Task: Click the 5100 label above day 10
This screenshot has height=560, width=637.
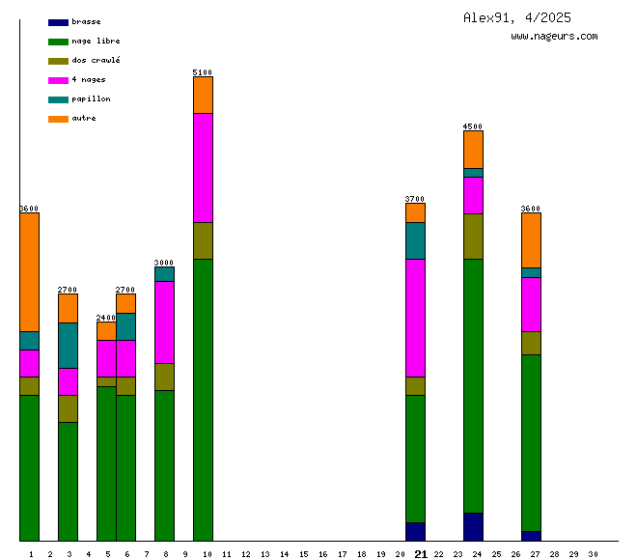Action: pyautogui.click(x=203, y=72)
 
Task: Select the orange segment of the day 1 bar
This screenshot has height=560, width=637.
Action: pyautogui.click(x=30, y=271)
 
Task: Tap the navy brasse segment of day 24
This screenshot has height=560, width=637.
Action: pyautogui.click(x=473, y=526)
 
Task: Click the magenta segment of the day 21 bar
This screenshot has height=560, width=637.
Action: pyautogui.click(x=415, y=318)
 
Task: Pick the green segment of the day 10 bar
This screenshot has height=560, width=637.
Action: pyautogui.click(x=203, y=400)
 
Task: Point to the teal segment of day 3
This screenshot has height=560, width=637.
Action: pyautogui.click(x=68, y=345)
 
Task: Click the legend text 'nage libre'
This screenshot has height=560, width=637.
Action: pyautogui.click(x=96, y=41)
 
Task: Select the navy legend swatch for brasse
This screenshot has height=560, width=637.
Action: pyautogui.click(x=58, y=21)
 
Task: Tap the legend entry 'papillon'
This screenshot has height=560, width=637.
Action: pyautogui.click(x=91, y=98)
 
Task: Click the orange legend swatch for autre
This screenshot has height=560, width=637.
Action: pyautogui.click(x=58, y=118)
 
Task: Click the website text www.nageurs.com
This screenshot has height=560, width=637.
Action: pyautogui.click(x=554, y=36)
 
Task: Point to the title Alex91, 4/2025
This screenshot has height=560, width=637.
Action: pyautogui.click(x=516, y=17)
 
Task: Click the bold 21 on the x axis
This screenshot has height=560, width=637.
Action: pyautogui.click(x=421, y=554)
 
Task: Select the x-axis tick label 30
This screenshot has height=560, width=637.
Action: pyautogui.click(x=593, y=554)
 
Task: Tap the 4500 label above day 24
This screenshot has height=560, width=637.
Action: pyautogui.click(x=473, y=126)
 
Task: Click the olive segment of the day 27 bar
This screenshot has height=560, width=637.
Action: pyautogui.click(x=531, y=343)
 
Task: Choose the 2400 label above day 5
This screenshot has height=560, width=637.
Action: pyautogui.click(x=106, y=318)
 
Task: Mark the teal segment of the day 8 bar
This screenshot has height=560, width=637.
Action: pyautogui.click(x=164, y=273)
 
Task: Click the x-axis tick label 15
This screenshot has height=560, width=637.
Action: pyautogui.click(x=303, y=554)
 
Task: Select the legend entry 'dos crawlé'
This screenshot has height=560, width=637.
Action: pyautogui.click(x=96, y=60)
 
